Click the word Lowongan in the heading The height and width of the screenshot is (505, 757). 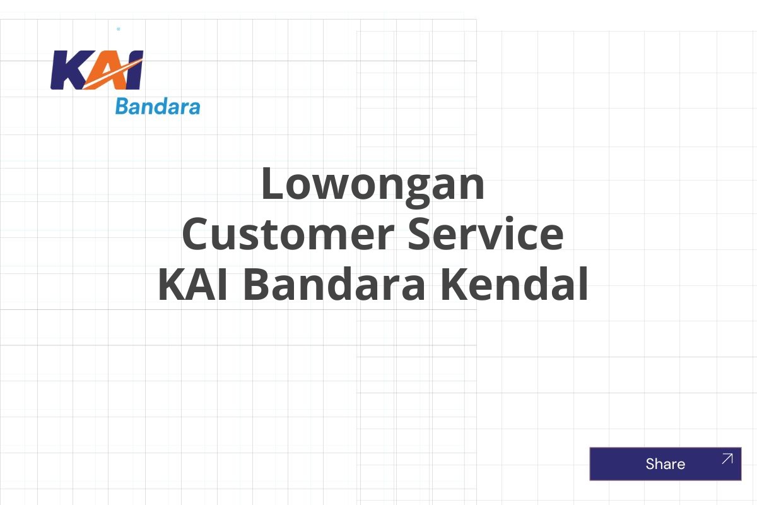(373, 184)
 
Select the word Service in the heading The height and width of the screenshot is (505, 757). (485, 234)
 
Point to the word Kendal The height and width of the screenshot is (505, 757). (514, 285)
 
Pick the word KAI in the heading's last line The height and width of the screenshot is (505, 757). (196, 285)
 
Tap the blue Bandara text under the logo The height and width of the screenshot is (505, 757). (157, 107)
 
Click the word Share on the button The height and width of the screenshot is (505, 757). (665, 464)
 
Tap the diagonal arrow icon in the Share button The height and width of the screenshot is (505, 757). (727, 459)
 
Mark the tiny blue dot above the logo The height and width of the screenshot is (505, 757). (119, 29)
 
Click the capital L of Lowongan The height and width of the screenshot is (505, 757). (273, 184)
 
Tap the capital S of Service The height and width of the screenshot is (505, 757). (421, 234)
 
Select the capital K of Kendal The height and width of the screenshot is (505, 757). (454, 285)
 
